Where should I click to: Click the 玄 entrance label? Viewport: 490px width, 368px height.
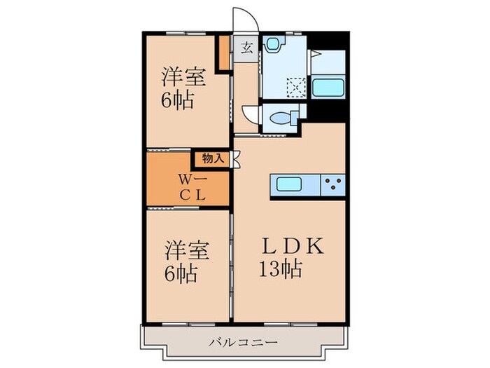coord(246,48)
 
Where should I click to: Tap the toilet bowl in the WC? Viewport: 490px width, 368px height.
coord(282,117)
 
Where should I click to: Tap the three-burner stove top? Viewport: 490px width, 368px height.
coord(333,185)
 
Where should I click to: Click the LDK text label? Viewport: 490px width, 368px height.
coord(293,246)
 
